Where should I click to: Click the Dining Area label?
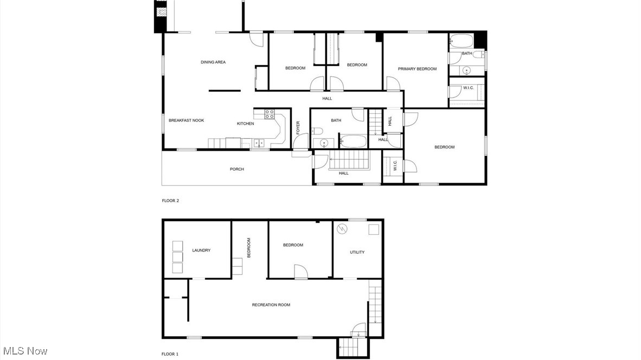pos(213,62)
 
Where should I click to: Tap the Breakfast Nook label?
pos(186,120)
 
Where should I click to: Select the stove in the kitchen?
pos(269,114)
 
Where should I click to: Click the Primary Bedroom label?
pos(417,69)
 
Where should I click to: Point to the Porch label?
pos(237,169)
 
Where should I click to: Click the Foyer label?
pos(298,127)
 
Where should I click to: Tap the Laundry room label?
pos(201,250)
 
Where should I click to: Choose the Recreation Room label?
pos(271,305)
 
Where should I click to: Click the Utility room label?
pos(357,252)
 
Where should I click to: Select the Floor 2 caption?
pos(170,201)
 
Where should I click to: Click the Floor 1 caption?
pos(170,354)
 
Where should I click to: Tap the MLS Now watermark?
pos(24,351)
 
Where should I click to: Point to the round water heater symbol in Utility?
pos(342,229)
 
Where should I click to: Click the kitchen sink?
pos(259,143)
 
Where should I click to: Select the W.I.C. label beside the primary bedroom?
pos(469,88)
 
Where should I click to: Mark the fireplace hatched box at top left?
pos(160,12)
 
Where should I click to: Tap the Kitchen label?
pos(245,124)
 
